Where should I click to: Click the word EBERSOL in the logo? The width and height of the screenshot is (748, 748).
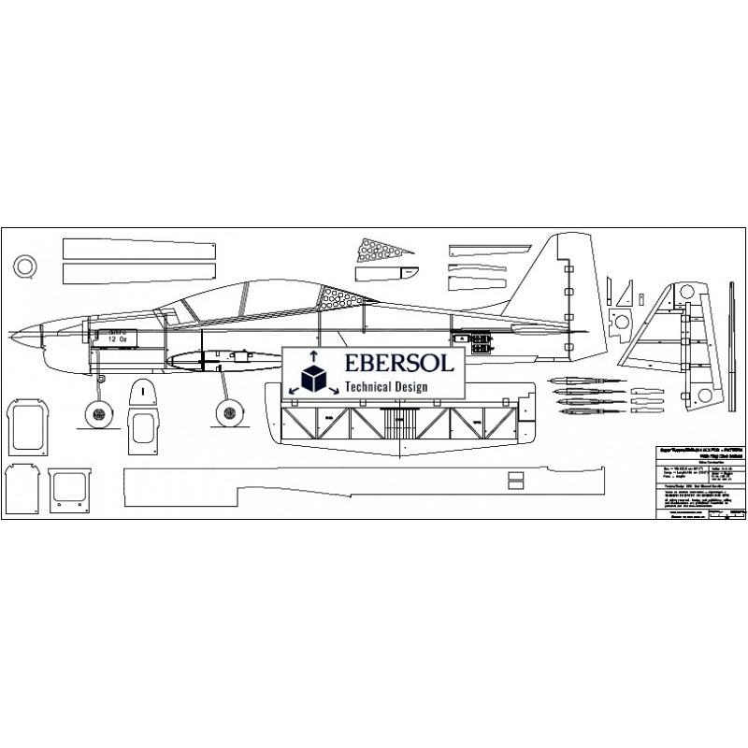[x=397, y=366]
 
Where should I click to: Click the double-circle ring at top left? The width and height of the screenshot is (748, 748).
[x=27, y=266]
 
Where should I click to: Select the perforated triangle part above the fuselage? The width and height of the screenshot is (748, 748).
[x=379, y=250]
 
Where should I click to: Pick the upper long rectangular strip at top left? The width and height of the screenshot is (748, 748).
[x=139, y=249]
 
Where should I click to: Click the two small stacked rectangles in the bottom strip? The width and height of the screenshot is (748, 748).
[x=514, y=479]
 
